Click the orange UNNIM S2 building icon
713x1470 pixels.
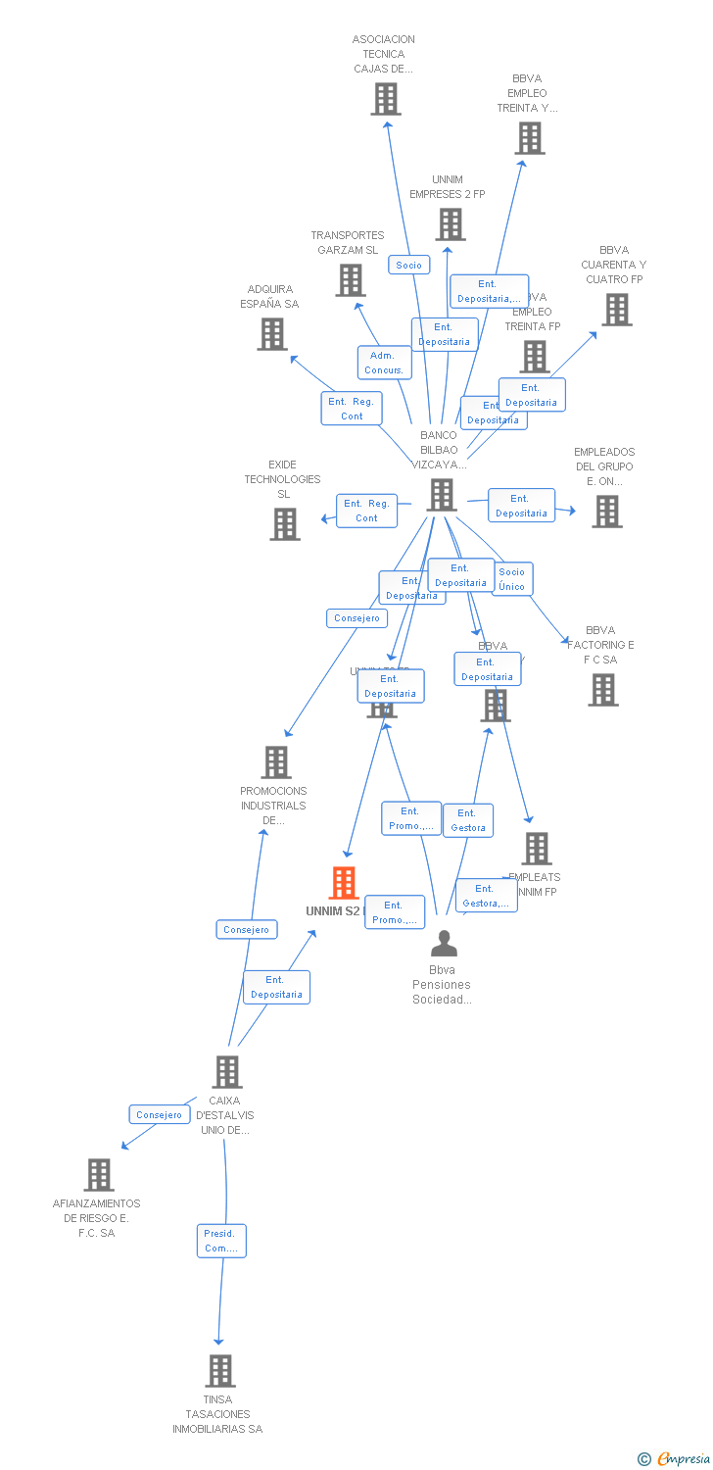[x=343, y=883]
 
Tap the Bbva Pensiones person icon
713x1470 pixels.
[x=444, y=943]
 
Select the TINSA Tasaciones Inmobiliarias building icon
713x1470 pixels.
[x=220, y=1370]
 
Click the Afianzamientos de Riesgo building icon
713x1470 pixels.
[x=99, y=1174]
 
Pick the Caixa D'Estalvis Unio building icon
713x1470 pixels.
[x=227, y=1071]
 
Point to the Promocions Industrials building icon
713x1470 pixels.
[x=276, y=761]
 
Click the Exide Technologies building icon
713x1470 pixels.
[x=285, y=523]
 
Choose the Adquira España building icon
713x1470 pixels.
[x=271, y=334]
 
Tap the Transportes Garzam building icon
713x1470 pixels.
[x=350, y=280]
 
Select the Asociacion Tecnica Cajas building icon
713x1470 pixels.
[x=385, y=99]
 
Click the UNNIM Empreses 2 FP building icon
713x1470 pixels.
[x=450, y=224]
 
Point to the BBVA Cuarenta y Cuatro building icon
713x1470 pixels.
[x=616, y=310]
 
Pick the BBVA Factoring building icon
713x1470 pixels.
[x=602, y=690]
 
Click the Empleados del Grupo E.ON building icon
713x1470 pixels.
[x=606, y=512]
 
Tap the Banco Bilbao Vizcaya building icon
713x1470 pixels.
[x=442, y=495]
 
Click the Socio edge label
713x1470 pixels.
[x=409, y=265]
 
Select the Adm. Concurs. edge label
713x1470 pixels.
[x=384, y=363]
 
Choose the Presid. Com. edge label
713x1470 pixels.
[x=220, y=1241]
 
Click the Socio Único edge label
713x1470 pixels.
[x=511, y=579]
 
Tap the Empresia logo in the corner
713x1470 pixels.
[x=675, y=1459]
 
